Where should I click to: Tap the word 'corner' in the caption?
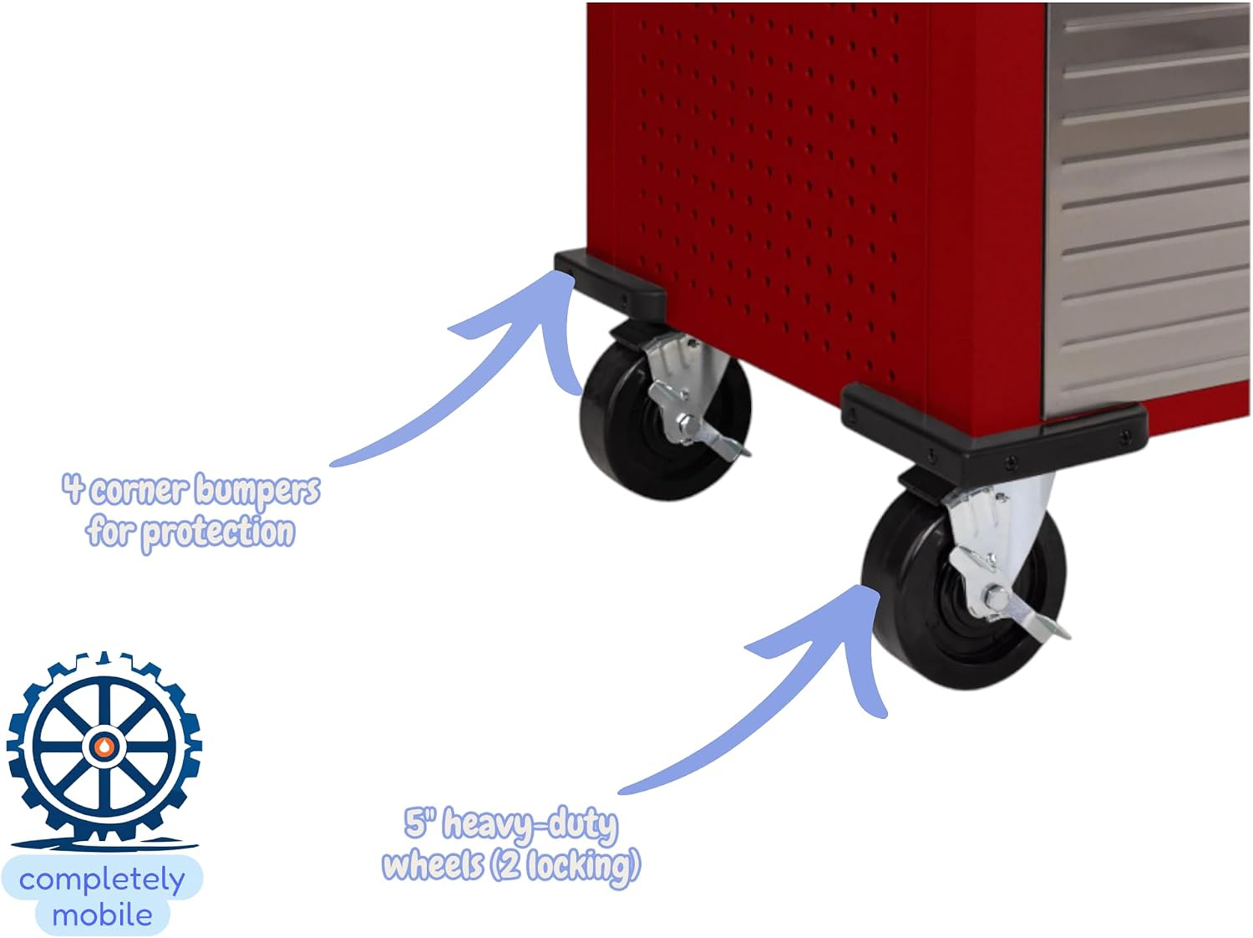pyautogui.click(x=139, y=490)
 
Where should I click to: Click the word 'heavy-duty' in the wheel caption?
pyautogui.click(x=530, y=826)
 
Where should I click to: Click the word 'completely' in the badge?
pyautogui.click(x=102, y=881)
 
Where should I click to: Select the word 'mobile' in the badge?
pyautogui.click(x=102, y=915)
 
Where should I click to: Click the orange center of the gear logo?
pyautogui.click(x=104, y=747)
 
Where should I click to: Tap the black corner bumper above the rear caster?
pyautogui.click(x=610, y=283)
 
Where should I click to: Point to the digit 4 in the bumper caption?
pyautogui.click(x=74, y=488)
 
